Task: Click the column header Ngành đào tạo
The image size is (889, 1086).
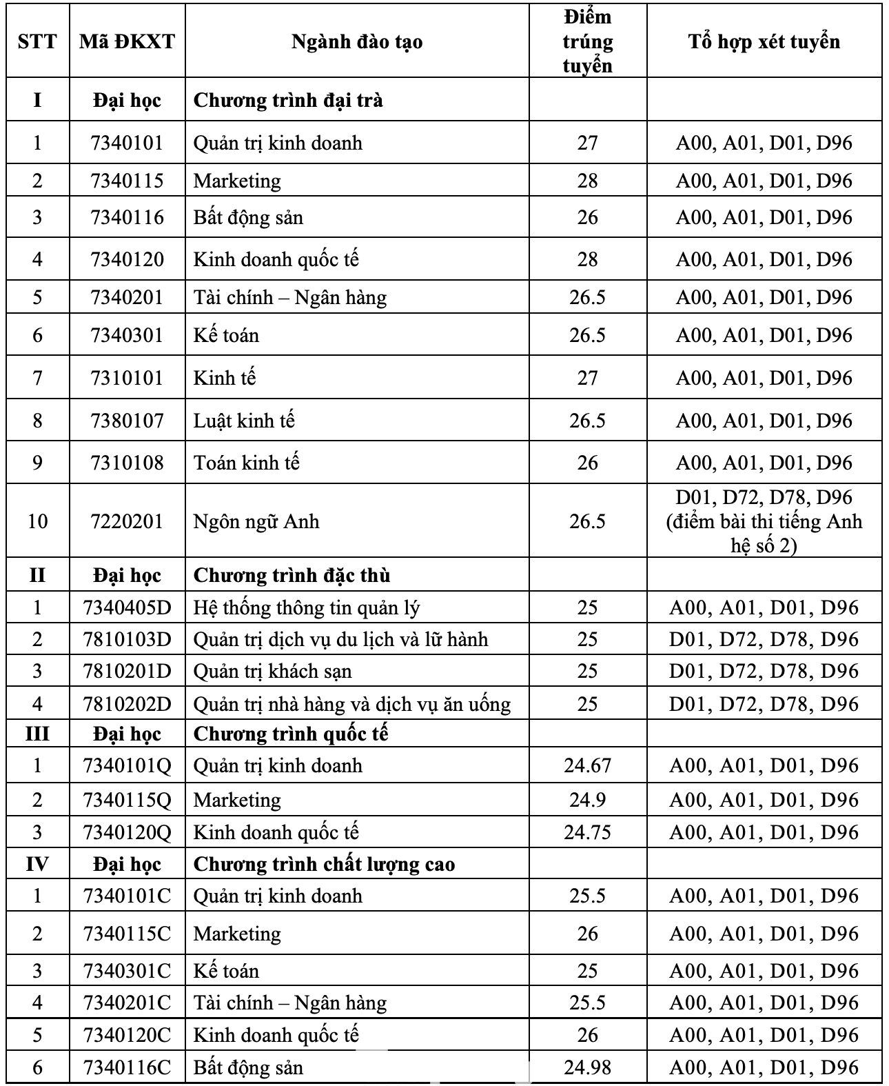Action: [x=357, y=41]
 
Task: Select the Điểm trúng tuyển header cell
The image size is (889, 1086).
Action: [x=587, y=41]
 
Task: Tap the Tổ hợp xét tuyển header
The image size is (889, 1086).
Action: [x=764, y=41]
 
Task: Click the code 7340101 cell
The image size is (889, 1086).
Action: [x=127, y=143]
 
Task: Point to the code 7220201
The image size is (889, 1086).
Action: [x=127, y=521]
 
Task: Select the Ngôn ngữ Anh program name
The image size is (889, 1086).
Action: [x=256, y=521]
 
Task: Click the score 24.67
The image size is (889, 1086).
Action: [x=587, y=765]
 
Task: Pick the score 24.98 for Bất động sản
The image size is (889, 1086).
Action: [x=587, y=1067]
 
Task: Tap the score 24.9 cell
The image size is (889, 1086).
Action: [x=587, y=800]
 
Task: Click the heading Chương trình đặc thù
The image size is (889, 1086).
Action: [x=292, y=575]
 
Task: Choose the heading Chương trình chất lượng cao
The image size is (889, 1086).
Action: [x=324, y=864]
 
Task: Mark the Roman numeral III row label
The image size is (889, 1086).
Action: [x=37, y=734]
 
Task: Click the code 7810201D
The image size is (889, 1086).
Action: [x=127, y=671]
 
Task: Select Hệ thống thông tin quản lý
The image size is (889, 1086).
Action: [x=307, y=607]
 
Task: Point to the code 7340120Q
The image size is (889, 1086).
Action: [x=127, y=832]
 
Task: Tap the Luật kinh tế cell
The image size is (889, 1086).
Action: [x=244, y=421]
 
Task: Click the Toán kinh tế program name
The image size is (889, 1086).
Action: [x=246, y=463]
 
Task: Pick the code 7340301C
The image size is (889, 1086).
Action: [x=127, y=971]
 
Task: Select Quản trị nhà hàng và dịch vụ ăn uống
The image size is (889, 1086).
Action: [x=352, y=704]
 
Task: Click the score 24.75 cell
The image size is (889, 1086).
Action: [x=587, y=832]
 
